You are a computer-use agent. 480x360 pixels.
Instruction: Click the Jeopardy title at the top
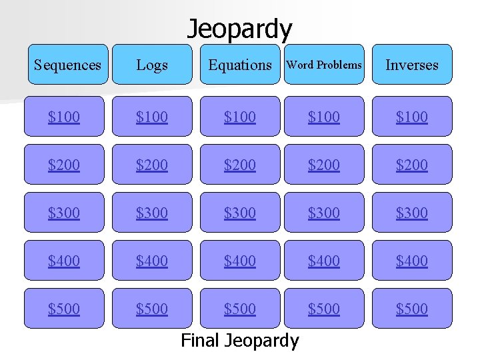[239, 29]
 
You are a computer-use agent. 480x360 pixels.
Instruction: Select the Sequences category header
[67, 65]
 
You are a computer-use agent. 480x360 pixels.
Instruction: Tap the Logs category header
[152, 65]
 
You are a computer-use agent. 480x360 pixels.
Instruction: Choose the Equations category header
[240, 65]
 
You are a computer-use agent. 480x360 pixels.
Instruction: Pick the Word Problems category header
[324, 65]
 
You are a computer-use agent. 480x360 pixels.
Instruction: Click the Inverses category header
[412, 65]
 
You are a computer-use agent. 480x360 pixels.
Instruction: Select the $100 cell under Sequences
[64, 117]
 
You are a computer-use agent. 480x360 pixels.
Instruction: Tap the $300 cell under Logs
[152, 213]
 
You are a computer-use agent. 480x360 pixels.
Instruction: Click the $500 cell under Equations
[240, 309]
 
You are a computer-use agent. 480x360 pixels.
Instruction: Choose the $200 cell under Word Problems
[324, 165]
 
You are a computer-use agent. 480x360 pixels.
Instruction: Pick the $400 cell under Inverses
[412, 261]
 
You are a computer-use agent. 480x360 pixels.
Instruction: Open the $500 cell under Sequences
[64, 309]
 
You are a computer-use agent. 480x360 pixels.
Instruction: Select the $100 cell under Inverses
[412, 117]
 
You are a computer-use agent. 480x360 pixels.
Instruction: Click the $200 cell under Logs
[152, 165]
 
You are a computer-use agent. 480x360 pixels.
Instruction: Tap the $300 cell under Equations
[240, 213]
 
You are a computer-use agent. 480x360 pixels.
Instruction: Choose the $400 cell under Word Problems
[324, 261]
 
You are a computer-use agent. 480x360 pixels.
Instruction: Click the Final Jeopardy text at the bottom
[240, 341]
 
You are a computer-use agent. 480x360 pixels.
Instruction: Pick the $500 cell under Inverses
[412, 309]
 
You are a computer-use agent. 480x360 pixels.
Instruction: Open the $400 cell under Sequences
[64, 261]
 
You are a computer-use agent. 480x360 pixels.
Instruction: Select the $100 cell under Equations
[240, 117]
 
